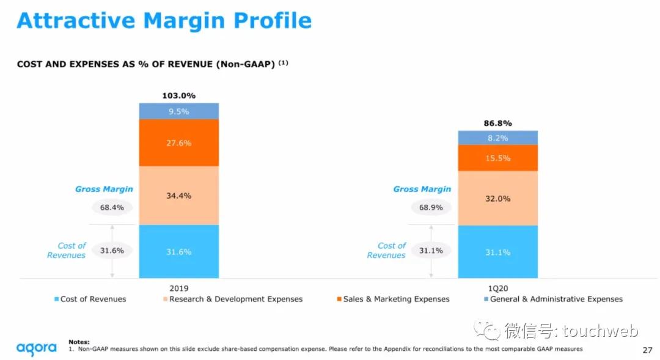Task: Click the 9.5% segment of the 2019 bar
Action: pos(178,111)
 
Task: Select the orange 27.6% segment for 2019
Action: pos(178,143)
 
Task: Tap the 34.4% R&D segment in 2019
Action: pos(178,196)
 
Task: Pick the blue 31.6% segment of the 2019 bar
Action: pos(178,251)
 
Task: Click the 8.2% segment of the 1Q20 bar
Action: pos(497,138)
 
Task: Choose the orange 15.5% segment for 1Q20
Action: pos(497,158)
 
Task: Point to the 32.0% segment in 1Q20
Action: pos(497,199)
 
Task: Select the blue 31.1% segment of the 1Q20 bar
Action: pos(497,252)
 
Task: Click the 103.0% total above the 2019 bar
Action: pos(178,95)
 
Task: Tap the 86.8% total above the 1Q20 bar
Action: pos(497,123)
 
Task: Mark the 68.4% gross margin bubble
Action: pos(112,207)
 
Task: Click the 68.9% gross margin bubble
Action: pos(430,207)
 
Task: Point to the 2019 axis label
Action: pos(178,288)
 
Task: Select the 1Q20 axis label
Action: pos(497,288)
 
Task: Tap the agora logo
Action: pos(37,348)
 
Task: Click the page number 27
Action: pos(647,350)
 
